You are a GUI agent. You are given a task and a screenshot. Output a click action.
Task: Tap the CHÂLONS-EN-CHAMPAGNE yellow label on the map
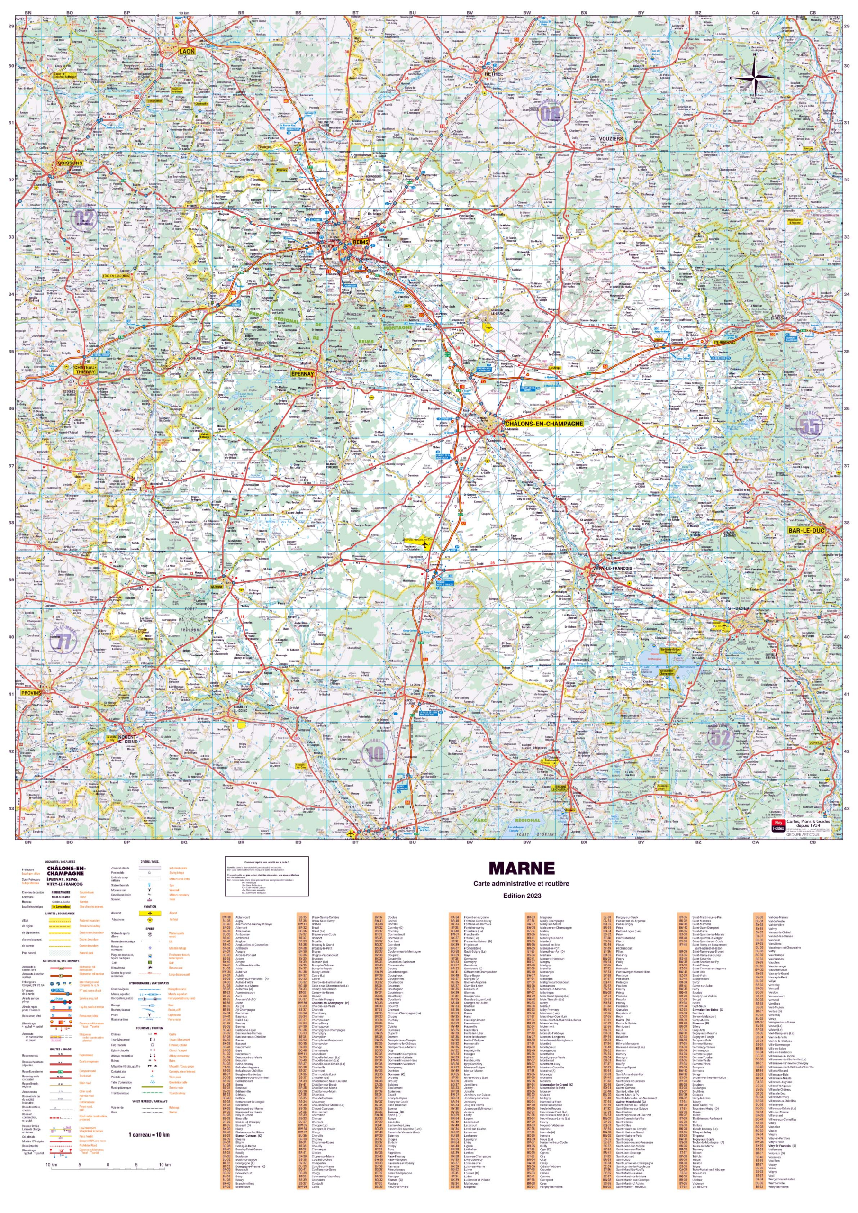click(544, 424)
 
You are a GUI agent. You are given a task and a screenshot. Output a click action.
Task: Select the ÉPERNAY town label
click(302, 373)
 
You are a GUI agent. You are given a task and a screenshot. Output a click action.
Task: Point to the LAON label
click(187, 51)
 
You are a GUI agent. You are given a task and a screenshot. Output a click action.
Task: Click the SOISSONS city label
click(70, 163)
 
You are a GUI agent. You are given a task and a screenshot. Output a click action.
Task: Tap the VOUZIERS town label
click(611, 138)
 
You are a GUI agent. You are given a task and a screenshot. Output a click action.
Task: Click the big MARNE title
click(521, 869)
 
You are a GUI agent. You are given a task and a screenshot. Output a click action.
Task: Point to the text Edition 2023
click(522, 896)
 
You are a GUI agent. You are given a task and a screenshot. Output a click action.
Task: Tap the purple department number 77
click(64, 643)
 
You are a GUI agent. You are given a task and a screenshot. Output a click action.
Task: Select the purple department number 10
click(376, 753)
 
